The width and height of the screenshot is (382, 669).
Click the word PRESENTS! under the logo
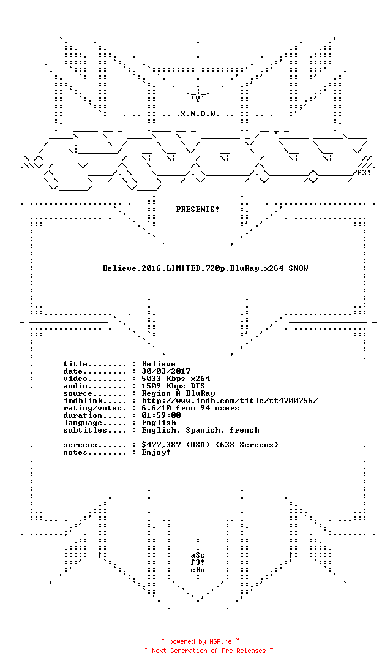click(197, 210)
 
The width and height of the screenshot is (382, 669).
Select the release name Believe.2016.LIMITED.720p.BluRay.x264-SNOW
click(206, 268)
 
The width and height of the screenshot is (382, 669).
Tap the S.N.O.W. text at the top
click(198, 114)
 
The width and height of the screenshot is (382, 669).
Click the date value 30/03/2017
click(167, 371)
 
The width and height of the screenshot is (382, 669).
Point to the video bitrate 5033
click(151, 379)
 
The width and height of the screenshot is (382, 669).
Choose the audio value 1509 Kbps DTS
click(173, 386)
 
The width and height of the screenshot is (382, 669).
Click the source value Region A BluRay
click(179, 393)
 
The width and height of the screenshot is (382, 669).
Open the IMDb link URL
click(230, 401)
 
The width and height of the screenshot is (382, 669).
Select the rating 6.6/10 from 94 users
click(190, 408)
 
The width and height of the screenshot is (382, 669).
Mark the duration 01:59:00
click(161, 415)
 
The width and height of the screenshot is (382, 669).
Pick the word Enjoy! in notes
click(156, 452)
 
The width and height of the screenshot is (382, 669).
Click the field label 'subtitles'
click(85, 430)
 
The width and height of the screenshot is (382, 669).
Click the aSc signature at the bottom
click(198, 555)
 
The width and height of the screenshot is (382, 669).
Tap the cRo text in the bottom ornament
click(198, 570)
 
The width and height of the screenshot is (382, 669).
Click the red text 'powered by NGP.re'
click(200, 641)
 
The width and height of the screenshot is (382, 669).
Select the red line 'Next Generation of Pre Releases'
click(209, 651)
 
